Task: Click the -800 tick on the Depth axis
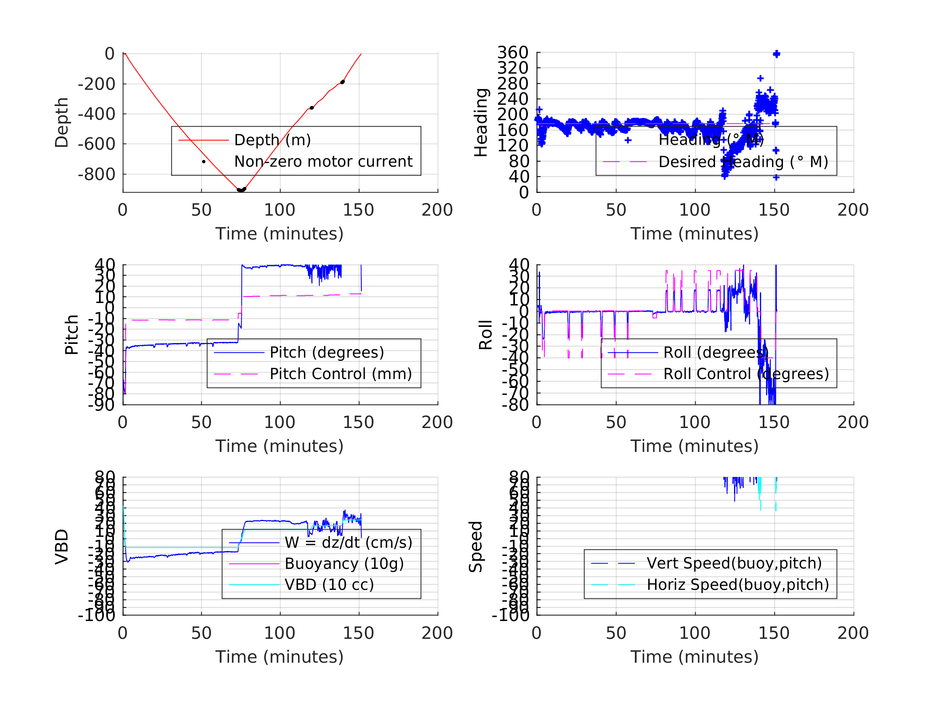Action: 96,174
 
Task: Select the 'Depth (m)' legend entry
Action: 272,140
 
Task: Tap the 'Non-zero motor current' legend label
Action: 323,162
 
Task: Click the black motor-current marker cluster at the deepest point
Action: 241,189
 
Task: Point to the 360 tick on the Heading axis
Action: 513,53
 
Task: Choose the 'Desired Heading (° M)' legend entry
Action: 743,162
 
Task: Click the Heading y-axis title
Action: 481,123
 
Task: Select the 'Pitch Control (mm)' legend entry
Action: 341,374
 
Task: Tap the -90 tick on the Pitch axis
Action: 101,405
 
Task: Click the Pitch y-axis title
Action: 72,335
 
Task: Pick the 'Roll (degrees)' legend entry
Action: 716,352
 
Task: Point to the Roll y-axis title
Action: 485,335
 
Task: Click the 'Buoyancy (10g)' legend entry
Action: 344,564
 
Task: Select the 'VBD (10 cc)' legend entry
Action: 329,585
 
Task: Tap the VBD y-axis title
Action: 62,547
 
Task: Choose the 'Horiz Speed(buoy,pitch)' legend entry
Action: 738,585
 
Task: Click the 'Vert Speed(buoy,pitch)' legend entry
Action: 734,563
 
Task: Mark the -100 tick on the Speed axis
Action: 510,615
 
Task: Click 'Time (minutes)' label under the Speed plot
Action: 694,657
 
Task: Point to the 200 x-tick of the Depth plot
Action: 437,210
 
